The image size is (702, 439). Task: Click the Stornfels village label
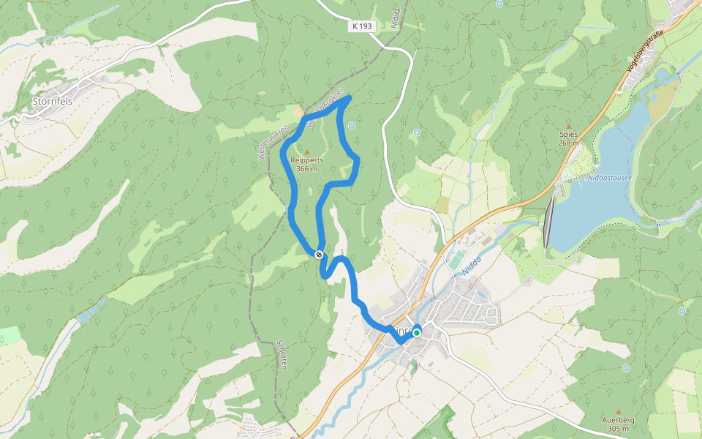pos(52,102)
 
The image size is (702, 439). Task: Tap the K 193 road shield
pos(361,26)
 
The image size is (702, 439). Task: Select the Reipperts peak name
pos(307,160)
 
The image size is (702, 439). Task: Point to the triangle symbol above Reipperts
pos(307,151)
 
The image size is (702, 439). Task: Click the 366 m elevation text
pos(307,169)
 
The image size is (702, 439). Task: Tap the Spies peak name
pos(568,135)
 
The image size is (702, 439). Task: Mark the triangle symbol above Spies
pos(568,126)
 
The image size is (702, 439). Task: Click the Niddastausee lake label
pos(610,177)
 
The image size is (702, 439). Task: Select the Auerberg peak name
pos(618,421)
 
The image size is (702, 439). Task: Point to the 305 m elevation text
pos(618,429)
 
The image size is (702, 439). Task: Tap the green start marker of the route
pos(417,333)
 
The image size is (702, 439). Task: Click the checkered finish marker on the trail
pos(319,255)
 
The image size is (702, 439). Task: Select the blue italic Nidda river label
pos(470,265)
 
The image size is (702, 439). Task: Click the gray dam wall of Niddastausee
pos(548,222)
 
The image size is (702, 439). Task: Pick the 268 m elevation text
pos(568,143)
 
